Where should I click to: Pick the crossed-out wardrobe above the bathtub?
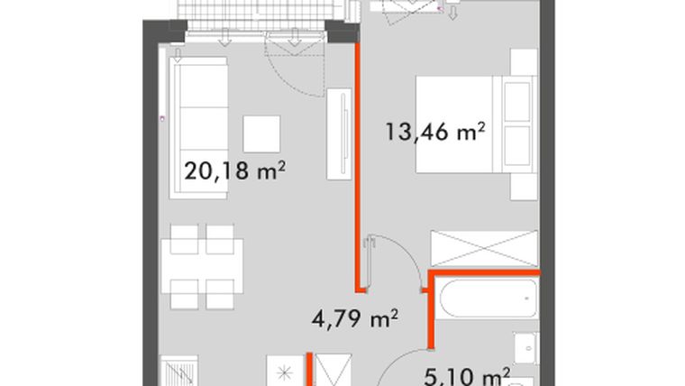tap(485, 248)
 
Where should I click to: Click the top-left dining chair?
tap(185, 238)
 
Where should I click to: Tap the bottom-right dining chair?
tap(220, 294)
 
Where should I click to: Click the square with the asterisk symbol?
tap(284, 372)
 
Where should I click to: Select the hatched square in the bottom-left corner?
tap(178, 372)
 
